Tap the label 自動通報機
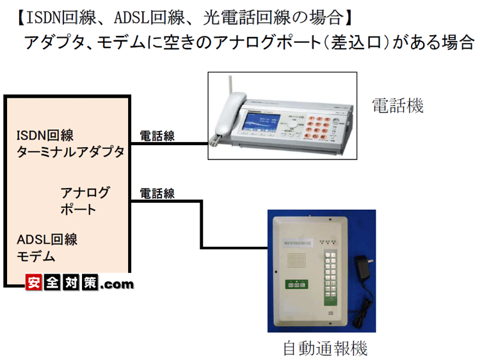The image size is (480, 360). coord(325,348)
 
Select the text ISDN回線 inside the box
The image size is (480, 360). coord(45,136)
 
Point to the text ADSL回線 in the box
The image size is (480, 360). coord(47,240)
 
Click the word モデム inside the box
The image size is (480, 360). coord(36,256)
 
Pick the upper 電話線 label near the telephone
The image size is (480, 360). coord(157,136)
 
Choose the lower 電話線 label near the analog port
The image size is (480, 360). coord(157,193)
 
